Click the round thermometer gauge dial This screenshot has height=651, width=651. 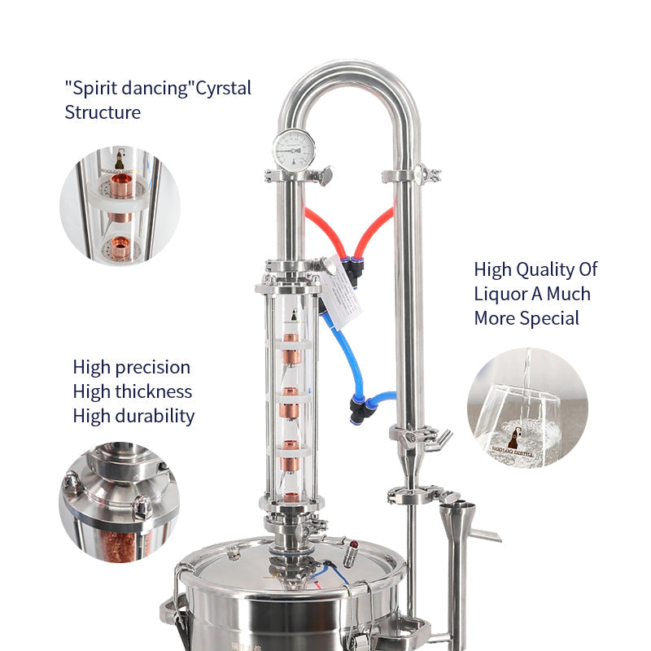click(x=293, y=149)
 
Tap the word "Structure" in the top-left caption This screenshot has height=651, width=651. click(x=103, y=112)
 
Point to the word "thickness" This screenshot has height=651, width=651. click(x=153, y=391)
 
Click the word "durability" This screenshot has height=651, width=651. click(x=155, y=416)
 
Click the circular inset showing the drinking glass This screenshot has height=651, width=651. click(x=527, y=408)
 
